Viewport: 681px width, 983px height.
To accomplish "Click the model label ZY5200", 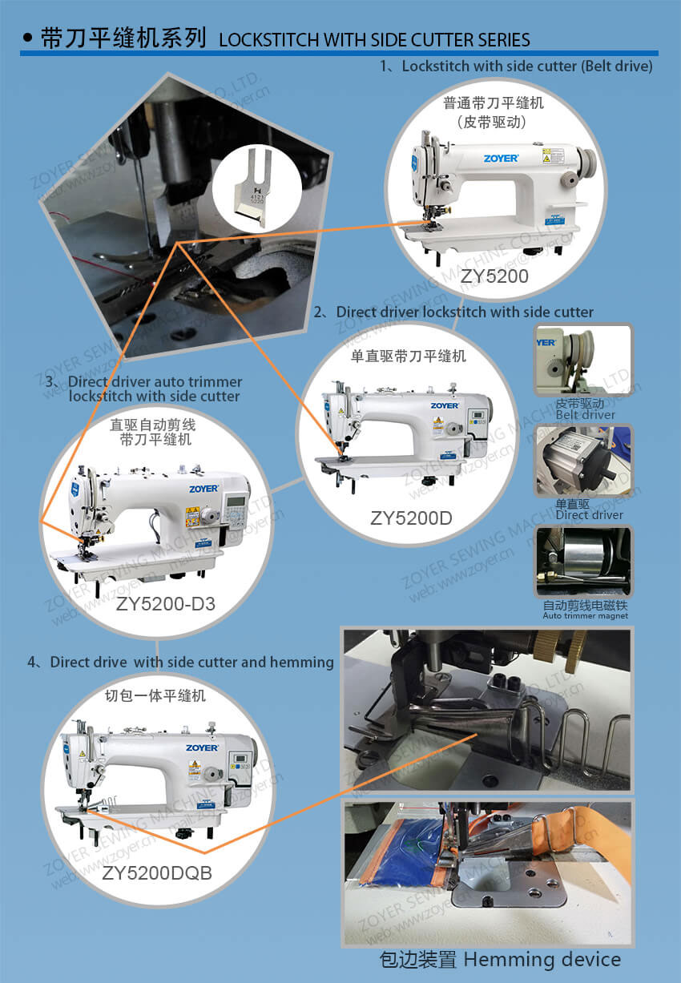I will (494, 276).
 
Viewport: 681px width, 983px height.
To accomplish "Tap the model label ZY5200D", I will (411, 518).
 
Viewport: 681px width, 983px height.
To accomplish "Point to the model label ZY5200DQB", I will (157, 873).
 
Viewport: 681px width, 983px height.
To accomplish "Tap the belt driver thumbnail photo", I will (582, 361).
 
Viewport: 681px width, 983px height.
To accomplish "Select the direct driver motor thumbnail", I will (582, 461).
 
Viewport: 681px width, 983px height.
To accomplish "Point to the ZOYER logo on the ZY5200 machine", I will (500, 158).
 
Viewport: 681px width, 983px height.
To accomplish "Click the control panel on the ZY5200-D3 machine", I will (237, 510).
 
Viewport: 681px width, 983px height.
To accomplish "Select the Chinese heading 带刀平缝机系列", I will (123, 38).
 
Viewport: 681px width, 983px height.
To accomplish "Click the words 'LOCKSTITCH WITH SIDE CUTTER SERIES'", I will (374, 39).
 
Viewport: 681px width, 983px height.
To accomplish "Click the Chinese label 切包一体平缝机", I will (155, 695).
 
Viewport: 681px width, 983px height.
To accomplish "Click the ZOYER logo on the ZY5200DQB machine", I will (202, 747).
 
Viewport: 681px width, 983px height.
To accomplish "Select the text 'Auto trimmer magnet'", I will (585, 615).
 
